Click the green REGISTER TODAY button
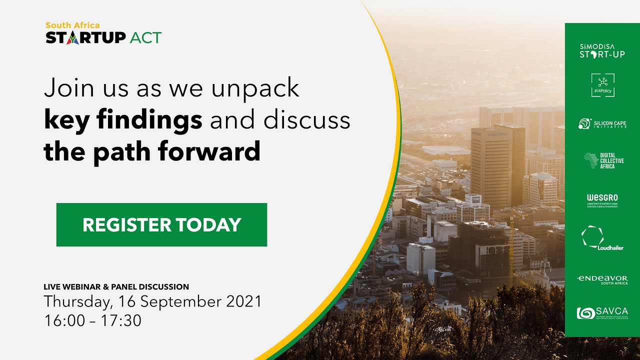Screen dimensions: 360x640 (x=161, y=225)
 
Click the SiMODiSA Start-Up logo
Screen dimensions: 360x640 (x=602, y=51)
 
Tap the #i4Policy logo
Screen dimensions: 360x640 (x=602, y=85)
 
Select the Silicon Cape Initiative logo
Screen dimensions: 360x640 (x=602, y=123)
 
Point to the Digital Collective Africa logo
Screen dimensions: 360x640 (x=603, y=160)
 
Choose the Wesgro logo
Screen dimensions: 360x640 (x=602, y=200)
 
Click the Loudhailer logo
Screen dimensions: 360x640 (x=602, y=238)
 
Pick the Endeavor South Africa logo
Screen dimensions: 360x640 (x=602, y=279)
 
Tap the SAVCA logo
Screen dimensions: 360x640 (x=602, y=313)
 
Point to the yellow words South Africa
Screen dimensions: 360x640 (x=72, y=25)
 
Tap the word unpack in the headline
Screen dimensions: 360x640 (x=255, y=88)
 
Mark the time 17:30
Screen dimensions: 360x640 (x=121, y=320)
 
